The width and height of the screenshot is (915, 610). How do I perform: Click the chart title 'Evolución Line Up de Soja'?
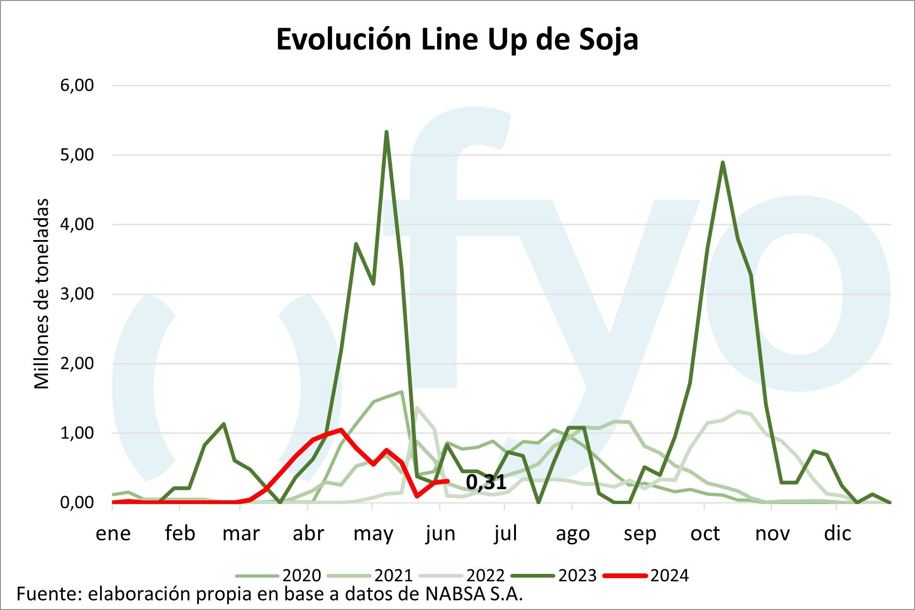[457, 39]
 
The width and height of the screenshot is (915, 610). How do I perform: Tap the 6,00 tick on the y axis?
[77, 85]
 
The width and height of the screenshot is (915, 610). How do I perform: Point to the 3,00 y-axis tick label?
[77, 294]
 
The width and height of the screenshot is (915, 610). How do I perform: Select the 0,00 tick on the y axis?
[77, 503]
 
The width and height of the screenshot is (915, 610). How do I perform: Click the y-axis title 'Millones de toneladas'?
[42, 294]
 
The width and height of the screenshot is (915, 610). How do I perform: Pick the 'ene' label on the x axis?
[113, 534]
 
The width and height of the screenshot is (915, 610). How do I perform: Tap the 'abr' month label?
[308, 534]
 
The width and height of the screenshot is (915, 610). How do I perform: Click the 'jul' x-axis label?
[505, 534]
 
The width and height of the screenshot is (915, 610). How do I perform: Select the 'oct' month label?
[705, 534]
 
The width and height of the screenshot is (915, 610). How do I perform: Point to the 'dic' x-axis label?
[837, 534]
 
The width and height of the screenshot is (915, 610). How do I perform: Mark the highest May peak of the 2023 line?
[386, 132]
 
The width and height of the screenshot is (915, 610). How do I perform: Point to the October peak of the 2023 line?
[723, 162]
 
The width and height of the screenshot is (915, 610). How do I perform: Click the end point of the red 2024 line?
[448, 481]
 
